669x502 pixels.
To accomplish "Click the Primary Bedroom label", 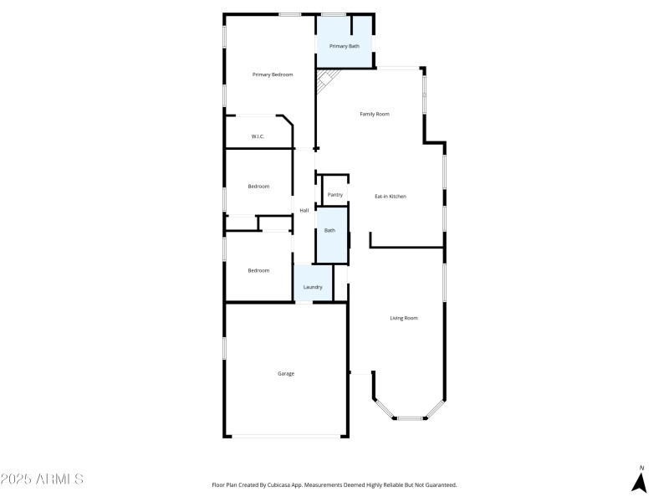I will (273, 75).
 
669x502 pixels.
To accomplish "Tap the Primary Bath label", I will (344, 46).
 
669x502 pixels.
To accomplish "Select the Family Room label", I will (375, 114).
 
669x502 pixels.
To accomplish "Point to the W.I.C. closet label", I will (258, 136).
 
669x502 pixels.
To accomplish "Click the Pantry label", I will (335, 195).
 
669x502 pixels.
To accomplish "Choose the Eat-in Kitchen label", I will (390, 196).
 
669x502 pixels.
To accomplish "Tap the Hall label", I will (304, 210).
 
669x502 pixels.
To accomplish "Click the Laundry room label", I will (313, 287).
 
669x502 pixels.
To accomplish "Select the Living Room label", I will (404, 318).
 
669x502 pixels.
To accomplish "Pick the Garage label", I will (286, 373).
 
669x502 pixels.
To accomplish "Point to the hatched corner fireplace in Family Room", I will (326, 80).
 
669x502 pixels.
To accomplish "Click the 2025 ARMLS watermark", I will (42, 479).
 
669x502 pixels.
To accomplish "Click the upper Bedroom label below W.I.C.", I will (258, 186).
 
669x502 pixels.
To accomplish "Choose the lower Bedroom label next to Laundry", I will (258, 270).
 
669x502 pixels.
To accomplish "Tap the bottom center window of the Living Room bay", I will (410, 417).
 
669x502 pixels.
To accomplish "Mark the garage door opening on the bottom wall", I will (286, 436).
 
